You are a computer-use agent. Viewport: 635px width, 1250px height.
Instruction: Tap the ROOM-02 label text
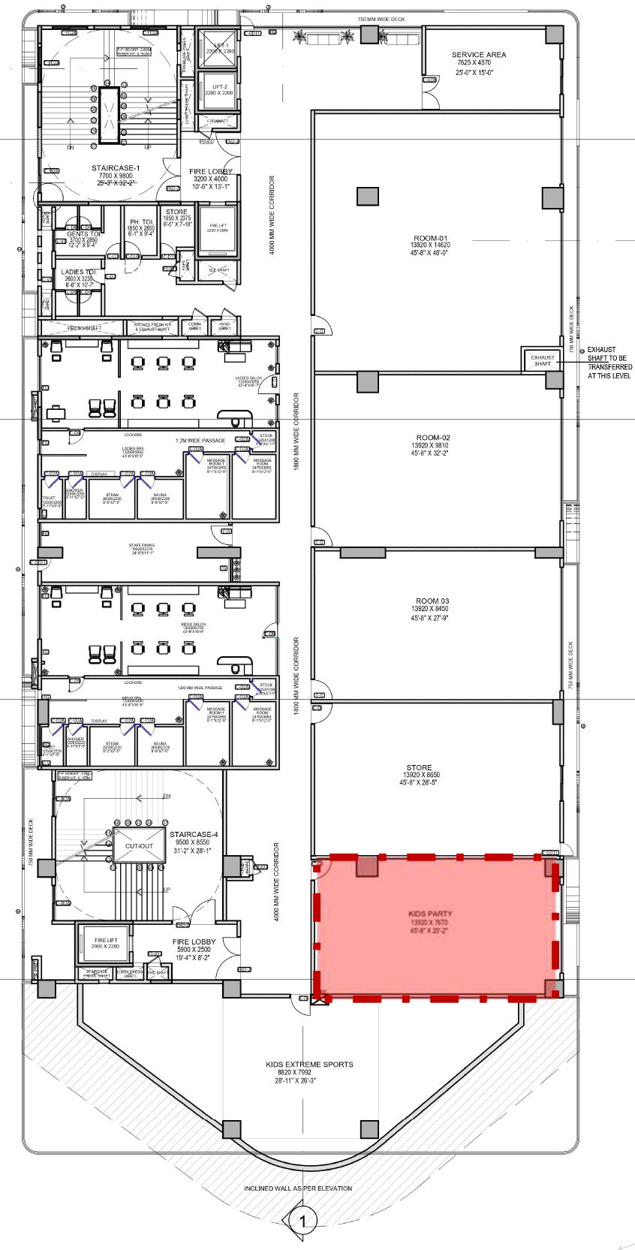click(x=433, y=438)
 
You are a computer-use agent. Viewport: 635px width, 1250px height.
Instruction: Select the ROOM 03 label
click(x=432, y=601)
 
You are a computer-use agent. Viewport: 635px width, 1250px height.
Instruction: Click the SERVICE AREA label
click(x=478, y=55)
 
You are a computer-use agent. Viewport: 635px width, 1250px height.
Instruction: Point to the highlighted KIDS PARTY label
click(x=430, y=914)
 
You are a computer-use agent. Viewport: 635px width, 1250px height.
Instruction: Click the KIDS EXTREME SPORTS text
click(x=309, y=1065)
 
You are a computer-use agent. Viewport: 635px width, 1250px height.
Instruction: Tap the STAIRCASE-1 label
click(x=116, y=168)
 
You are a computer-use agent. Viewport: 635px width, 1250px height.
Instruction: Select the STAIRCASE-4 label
click(x=194, y=834)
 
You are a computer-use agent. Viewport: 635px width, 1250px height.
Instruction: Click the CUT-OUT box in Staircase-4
click(x=139, y=846)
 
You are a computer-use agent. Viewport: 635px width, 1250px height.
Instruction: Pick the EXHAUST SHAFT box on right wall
click(x=542, y=360)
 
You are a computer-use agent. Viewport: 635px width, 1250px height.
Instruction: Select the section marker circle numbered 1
click(x=302, y=1221)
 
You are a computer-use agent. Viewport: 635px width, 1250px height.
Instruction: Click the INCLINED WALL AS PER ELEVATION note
click(x=298, y=1188)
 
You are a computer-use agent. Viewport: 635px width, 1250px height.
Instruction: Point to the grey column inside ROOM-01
click(x=367, y=197)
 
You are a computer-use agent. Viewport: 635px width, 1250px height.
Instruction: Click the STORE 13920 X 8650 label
click(x=419, y=768)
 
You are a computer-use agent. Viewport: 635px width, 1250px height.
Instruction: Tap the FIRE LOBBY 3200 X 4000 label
click(x=210, y=172)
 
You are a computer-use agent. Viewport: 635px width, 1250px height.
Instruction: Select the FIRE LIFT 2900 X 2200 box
click(x=106, y=944)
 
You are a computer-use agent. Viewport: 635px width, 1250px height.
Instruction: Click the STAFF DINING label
click(x=142, y=546)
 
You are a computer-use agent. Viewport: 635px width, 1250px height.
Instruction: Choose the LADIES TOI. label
click(x=78, y=273)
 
